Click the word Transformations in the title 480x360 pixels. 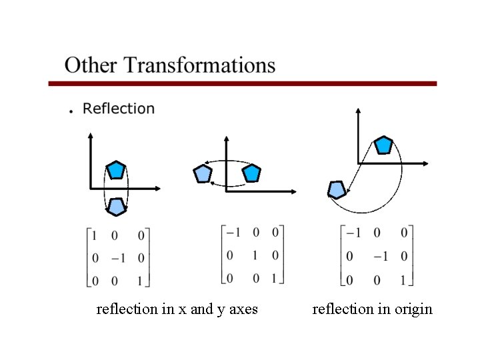[199, 65]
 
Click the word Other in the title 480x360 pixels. [91, 65]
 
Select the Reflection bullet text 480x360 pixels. [119, 108]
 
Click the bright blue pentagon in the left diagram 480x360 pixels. [117, 169]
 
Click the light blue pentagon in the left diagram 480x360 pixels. [117, 207]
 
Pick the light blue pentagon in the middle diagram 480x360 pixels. [203, 174]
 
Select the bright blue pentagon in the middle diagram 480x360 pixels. [251, 174]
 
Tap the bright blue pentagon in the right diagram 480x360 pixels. [383, 145]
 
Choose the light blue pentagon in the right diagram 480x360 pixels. [337, 190]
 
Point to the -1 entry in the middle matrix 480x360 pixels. [233, 233]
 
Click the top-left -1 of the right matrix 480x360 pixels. [353, 233]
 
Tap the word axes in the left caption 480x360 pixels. [243, 309]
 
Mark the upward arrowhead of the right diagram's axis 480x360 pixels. [359, 112]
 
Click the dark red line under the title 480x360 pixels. [243, 84]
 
